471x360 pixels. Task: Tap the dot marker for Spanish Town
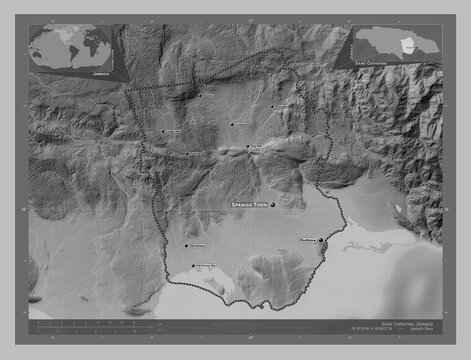tap(272, 203)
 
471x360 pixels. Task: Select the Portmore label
tap(308, 239)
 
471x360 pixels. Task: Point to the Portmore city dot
tap(322, 239)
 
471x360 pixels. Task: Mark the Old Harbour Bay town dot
tap(193, 266)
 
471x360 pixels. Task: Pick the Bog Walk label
tap(256, 147)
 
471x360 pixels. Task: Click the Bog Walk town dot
tap(248, 148)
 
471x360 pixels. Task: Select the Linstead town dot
tap(232, 125)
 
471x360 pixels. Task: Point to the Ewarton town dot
tap(200, 97)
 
